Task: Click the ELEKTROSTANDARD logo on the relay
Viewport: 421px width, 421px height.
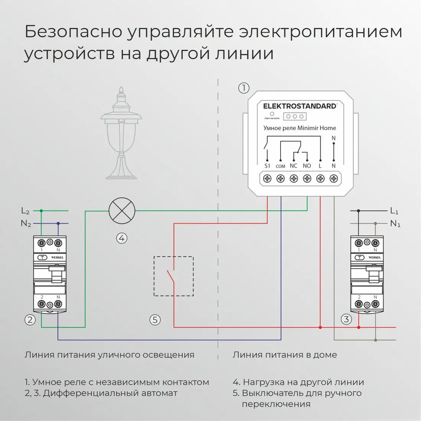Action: coord(300,106)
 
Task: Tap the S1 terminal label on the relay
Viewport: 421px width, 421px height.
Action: coord(267,166)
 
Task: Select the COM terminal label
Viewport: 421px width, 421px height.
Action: coord(280,166)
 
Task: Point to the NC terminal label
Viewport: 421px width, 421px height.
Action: coord(294,166)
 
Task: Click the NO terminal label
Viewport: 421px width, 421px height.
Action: coord(307,166)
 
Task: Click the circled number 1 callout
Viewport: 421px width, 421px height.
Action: coord(244,88)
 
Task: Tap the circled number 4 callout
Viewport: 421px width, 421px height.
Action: coord(122,238)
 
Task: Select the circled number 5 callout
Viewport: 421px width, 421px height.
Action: coord(155,320)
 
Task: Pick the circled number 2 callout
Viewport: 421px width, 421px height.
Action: coord(30,320)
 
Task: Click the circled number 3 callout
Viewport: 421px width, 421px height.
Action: coord(346,319)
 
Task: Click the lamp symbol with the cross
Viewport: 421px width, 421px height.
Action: coord(122,211)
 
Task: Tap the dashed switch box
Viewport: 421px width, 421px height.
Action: coord(173,276)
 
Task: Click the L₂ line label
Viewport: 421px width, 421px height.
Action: coord(25,211)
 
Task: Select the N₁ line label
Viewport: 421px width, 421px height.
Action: coord(395,224)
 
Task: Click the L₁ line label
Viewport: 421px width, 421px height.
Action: coord(395,211)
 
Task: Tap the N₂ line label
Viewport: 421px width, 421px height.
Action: coord(26,224)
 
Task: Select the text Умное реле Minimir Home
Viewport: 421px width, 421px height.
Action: coord(300,128)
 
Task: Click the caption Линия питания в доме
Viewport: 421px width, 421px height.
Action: coord(285,355)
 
